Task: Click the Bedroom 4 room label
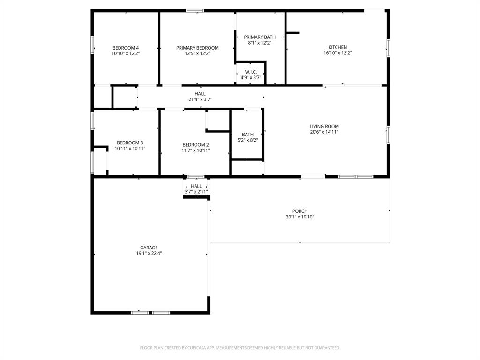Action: point(126,48)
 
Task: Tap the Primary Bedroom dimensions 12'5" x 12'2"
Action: point(197,54)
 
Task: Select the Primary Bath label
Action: point(260,37)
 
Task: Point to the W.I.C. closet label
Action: point(251,72)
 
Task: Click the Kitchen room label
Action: point(337,47)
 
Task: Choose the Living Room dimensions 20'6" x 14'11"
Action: point(324,132)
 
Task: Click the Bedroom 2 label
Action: point(195,144)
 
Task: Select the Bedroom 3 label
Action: point(130,142)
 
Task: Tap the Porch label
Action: point(300,211)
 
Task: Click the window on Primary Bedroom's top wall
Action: point(195,10)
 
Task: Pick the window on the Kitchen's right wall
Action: point(388,48)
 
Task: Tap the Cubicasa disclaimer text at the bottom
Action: point(240,348)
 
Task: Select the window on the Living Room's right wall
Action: point(388,134)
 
